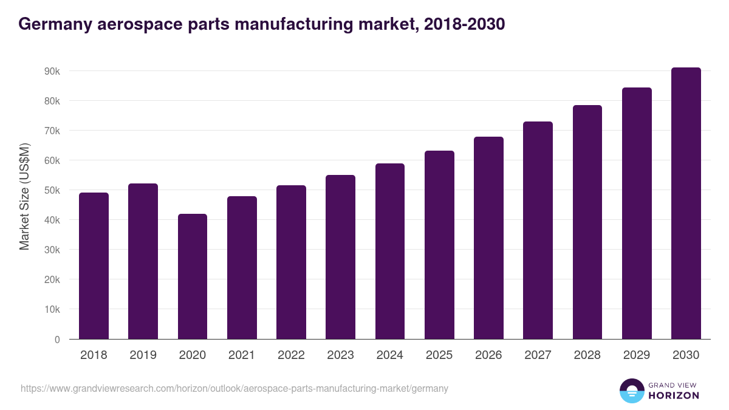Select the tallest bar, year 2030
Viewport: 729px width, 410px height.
(x=686, y=203)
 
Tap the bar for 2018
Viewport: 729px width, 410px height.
(x=94, y=266)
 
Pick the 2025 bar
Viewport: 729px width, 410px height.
(x=439, y=245)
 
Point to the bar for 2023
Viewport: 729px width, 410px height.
(x=340, y=257)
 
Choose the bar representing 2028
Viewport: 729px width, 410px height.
(x=587, y=222)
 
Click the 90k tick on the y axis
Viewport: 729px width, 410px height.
(x=52, y=71)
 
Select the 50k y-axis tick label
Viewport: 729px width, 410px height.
(x=52, y=190)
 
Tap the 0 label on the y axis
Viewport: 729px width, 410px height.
(x=57, y=340)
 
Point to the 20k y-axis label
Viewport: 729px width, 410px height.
(x=52, y=279)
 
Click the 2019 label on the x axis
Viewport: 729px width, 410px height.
(x=143, y=355)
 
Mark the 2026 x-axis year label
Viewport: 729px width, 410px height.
(x=488, y=355)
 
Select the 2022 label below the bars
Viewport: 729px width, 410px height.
(x=291, y=355)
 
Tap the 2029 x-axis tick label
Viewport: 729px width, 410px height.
(x=637, y=355)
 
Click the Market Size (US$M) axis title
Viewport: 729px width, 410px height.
(x=24, y=196)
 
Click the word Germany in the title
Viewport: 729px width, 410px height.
(x=55, y=25)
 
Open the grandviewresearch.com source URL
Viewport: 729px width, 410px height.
(x=234, y=388)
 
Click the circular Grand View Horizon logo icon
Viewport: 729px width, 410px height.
(x=631, y=391)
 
